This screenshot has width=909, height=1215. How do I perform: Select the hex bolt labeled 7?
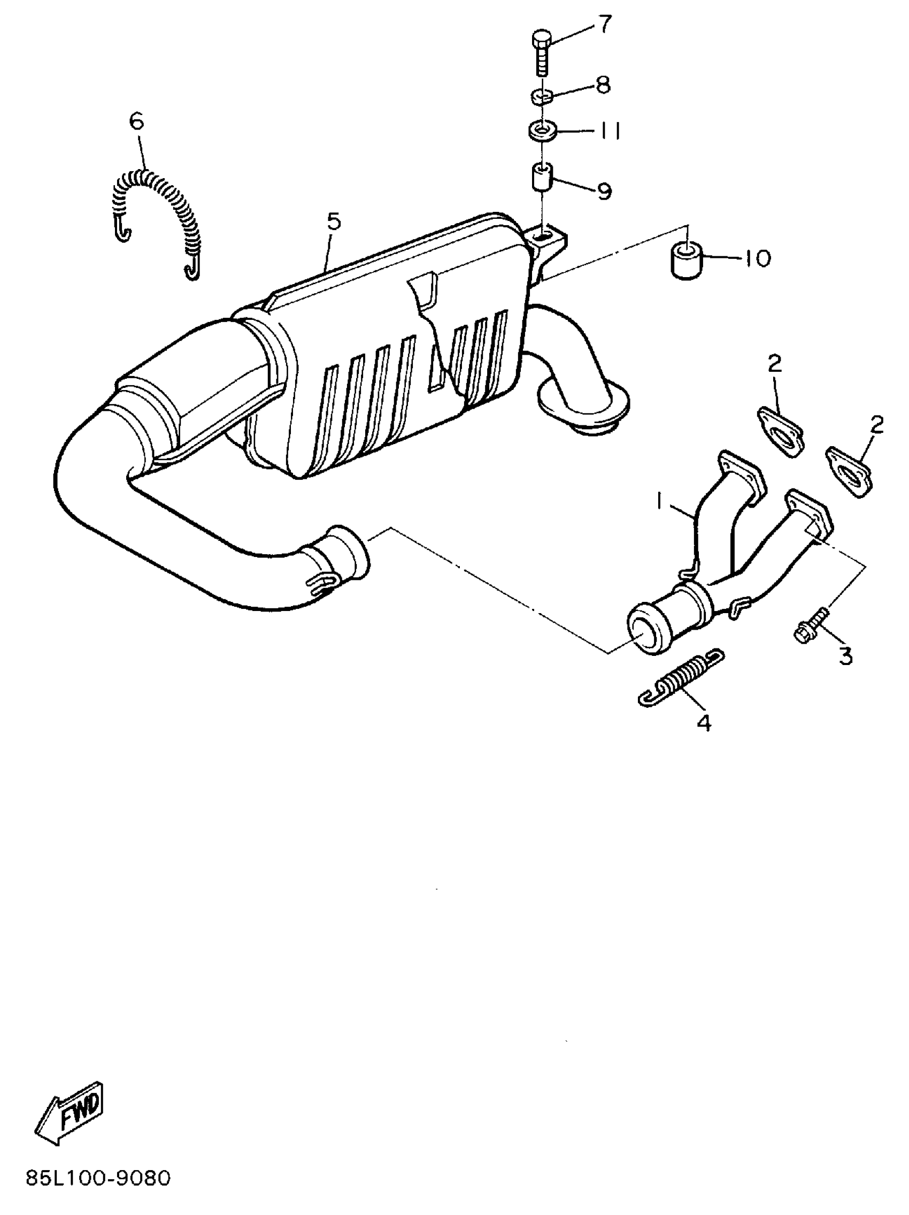pos(541,55)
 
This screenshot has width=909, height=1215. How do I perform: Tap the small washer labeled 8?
pos(541,97)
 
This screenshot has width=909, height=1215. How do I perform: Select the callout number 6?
pos(136,120)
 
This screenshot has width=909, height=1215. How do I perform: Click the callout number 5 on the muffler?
pos(333,221)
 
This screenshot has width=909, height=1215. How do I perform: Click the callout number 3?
pos(845,655)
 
